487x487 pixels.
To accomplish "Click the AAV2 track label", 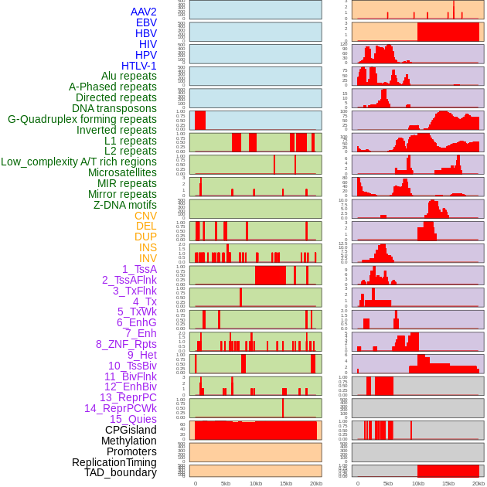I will coord(143,12).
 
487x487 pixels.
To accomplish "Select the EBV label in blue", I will coord(146,22).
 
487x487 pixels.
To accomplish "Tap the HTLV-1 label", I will coord(138,66).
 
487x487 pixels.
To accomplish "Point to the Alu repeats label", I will coord(128,76).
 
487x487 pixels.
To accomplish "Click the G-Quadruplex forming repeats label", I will coord(82,119).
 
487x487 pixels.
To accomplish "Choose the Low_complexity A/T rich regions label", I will coord(79,162).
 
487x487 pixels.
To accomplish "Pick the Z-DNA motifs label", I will coord(124,205).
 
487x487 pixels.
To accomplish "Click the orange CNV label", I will coord(145,216).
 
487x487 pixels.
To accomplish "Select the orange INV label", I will coord(148,258).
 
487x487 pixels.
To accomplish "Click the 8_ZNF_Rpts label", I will coord(126,344).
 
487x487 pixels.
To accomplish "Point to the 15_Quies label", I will coord(133,419).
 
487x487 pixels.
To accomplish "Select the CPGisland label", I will coord(131,430).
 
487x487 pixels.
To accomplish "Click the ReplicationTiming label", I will coord(114,462).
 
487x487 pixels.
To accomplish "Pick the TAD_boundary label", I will coord(120,472).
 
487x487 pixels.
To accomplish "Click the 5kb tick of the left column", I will coord(226,483).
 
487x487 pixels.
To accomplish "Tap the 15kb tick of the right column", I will coord(448,483).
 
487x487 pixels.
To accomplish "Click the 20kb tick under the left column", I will coord(316,483).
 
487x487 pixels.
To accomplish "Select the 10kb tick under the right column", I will coord(418,483).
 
